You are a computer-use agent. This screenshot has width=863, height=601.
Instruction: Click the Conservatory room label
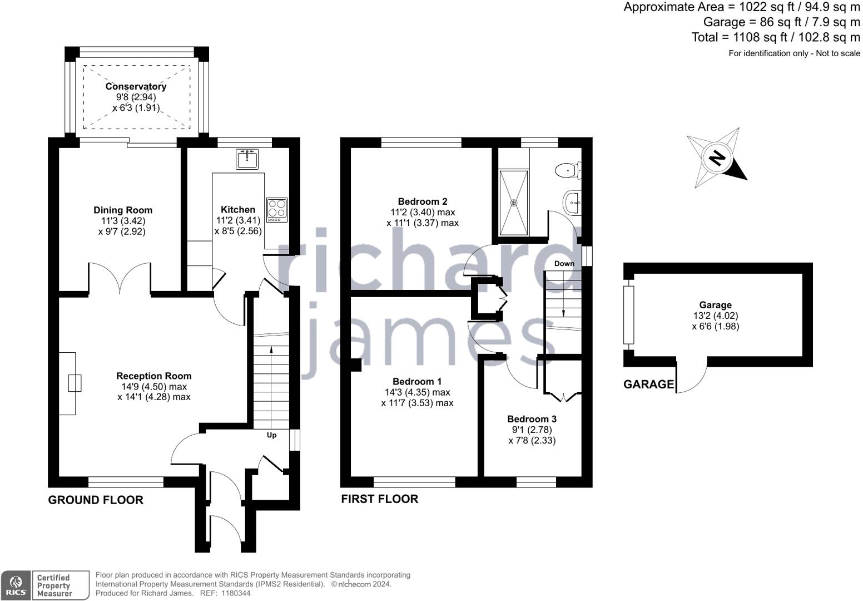tap(136, 86)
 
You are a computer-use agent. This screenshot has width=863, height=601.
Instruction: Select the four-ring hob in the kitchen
tap(277, 210)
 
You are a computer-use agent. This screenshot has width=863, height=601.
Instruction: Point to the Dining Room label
tap(122, 210)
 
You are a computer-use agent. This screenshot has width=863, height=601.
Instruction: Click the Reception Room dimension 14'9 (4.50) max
tap(154, 387)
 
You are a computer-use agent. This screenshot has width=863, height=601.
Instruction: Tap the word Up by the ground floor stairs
tap(271, 435)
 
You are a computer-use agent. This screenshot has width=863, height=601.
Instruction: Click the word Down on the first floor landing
tap(564, 263)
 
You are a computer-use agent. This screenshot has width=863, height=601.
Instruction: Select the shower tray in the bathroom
tap(514, 203)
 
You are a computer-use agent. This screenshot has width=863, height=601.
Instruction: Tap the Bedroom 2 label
tap(423, 201)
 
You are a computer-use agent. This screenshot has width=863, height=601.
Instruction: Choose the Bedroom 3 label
tap(532, 419)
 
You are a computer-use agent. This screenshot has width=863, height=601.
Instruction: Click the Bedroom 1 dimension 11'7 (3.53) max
tap(417, 403)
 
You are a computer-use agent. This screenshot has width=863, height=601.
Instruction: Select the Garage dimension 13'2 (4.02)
tap(715, 316)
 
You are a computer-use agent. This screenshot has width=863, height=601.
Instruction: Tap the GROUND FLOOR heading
tap(96, 500)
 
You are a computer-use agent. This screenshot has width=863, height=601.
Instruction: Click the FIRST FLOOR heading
tap(379, 499)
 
